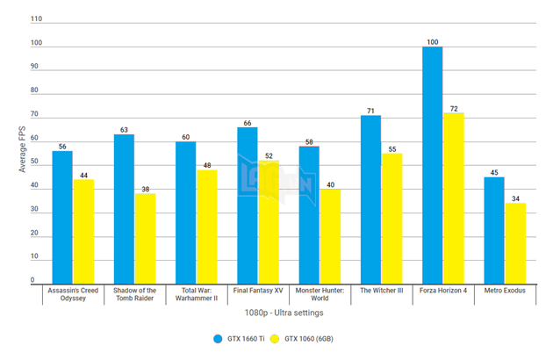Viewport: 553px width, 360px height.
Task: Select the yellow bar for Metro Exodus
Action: pos(515,243)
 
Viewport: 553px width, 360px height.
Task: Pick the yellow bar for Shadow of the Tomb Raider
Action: pos(145,238)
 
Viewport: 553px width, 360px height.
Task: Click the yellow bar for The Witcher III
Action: pos(391,218)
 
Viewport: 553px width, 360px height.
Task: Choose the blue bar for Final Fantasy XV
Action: pos(248,205)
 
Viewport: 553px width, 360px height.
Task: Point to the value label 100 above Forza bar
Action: pos(432,41)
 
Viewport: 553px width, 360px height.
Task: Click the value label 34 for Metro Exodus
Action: pos(515,198)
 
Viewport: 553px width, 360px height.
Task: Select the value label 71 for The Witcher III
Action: pos(370,111)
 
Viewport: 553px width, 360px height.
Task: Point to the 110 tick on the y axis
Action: pos(36,19)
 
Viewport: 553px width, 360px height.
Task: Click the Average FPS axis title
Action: pos(23,149)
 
